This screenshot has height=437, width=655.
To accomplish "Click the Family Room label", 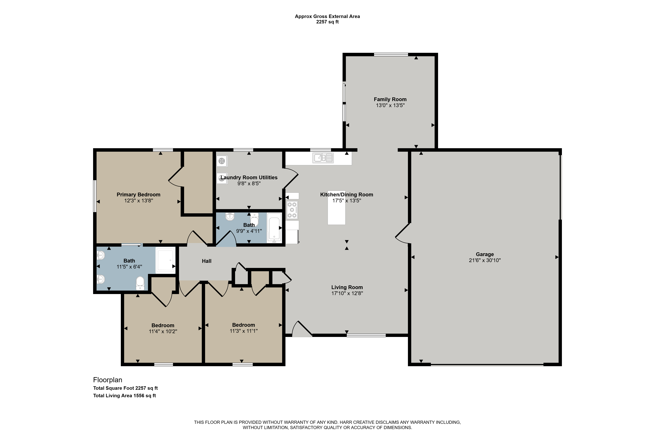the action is (390, 99).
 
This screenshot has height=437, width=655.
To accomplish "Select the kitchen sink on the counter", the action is (323, 158).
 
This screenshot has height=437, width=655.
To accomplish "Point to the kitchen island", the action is (336, 208).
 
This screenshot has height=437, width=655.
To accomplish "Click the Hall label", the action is (207, 261).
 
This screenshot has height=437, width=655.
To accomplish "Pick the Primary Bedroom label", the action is (138, 195).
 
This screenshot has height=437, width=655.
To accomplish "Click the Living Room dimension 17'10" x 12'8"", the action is (347, 293).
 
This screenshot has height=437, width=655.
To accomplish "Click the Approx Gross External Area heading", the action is (327, 17).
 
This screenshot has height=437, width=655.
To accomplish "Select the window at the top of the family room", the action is (391, 54).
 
